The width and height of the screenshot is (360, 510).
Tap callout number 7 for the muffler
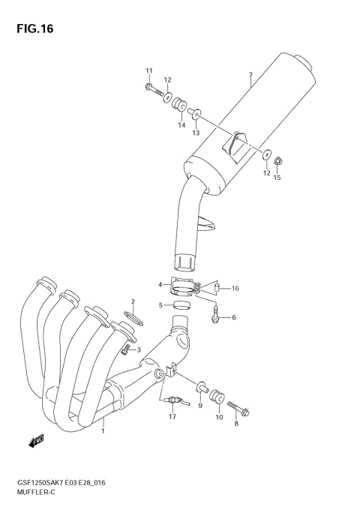pyautogui.click(x=250, y=74)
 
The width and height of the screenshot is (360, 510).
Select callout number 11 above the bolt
pyautogui.click(x=148, y=71)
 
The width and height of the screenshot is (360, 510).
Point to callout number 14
pyautogui.click(x=181, y=125)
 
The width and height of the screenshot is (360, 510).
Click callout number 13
pyautogui.click(x=196, y=133)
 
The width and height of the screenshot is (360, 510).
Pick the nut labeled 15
pyautogui.click(x=277, y=160)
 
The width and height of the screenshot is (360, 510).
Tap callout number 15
pyautogui.click(x=277, y=178)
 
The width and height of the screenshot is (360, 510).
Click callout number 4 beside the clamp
pyautogui.click(x=160, y=285)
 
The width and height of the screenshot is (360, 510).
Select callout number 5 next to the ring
pyautogui.click(x=160, y=305)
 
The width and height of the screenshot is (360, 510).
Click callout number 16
pyautogui.click(x=235, y=289)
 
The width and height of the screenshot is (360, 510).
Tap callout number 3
pyautogui.click(x=138, y=349)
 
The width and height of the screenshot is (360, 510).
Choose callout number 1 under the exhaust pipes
pyautogui.click(x=103, y=430)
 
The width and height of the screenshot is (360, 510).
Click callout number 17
pyautogui.click(x=172, y=416)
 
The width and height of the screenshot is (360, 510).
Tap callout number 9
pyautogui.click(x=200, y=406)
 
